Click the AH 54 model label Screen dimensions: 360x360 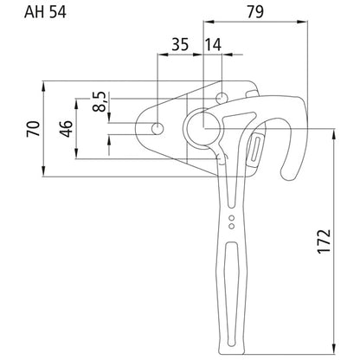(45, 12)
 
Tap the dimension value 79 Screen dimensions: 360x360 (255, 12)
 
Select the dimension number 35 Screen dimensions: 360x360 (180, 45)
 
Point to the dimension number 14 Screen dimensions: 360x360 (213, 45)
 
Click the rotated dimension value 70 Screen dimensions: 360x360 (33, 129)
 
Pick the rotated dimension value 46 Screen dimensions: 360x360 (66, 129)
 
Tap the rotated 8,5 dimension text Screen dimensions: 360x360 (100, 101)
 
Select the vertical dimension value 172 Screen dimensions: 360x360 (324, 241)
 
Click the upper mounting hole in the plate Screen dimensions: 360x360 (222, 98)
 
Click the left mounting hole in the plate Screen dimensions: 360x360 (157, 128)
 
